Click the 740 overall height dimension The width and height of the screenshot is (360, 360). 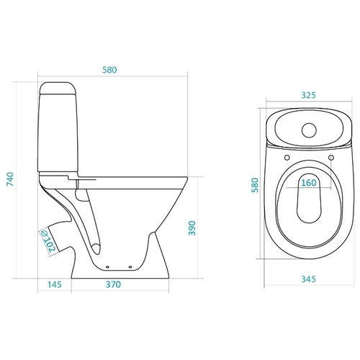pos(10,179)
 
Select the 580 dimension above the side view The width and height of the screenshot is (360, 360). pos(109,70)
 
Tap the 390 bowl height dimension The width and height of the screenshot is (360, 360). pos(192,228)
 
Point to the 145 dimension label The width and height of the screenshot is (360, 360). pos(55,284)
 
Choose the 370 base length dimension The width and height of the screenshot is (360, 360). pos(113,284)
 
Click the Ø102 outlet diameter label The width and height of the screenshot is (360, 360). pos(48,241)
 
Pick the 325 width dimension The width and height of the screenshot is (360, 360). pos(308,95)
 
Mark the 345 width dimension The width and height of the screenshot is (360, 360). pos(308,279)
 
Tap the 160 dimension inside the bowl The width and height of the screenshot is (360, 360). pos(309,183)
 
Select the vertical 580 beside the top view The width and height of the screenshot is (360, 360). pos(255,185)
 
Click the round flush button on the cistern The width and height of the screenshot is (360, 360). pos(309,130)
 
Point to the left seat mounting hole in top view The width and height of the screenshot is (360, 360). pos(287,158)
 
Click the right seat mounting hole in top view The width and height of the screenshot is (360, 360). pos(331,158)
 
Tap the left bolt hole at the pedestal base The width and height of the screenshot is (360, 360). pos(107,267)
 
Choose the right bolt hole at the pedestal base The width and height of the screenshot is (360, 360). pos(130,267)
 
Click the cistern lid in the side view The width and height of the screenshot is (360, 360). pos(58,88)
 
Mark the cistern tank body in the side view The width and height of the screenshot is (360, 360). pos(58,132)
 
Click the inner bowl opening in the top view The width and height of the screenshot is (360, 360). pos(309,198)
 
